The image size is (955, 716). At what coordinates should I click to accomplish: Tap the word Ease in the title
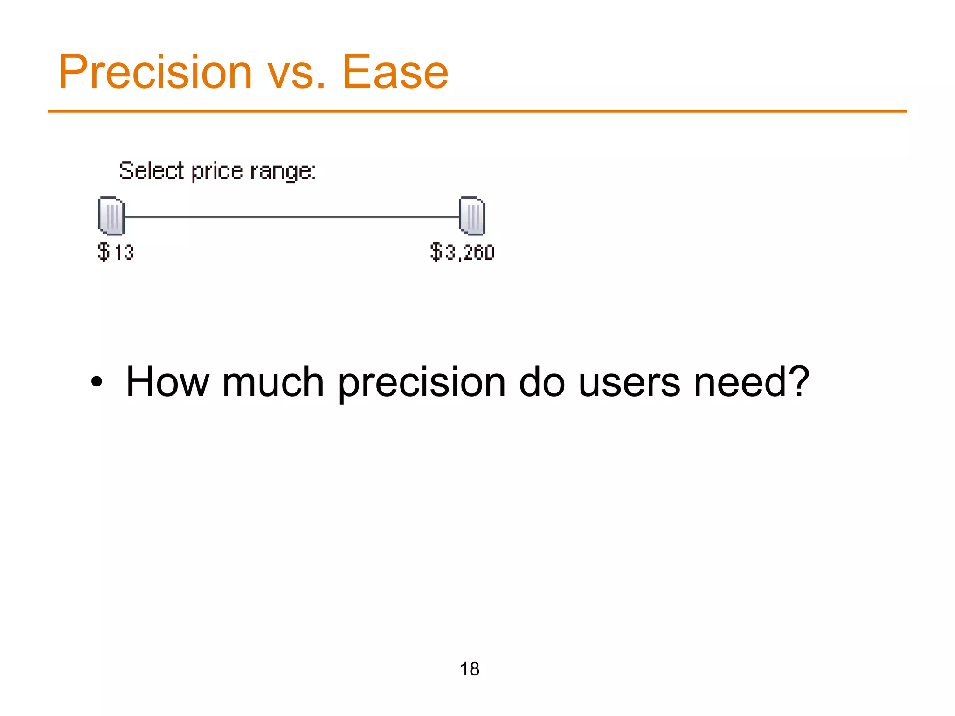tap(395, 72)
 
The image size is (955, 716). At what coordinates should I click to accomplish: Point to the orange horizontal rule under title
tap(477, 111)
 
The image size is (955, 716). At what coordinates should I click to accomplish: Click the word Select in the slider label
tap(152, 171)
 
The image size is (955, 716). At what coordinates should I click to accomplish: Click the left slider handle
tap(111, 216)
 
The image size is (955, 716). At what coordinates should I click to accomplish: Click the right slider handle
tap(472, 216)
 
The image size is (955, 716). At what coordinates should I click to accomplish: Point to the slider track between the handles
tap(291, 217)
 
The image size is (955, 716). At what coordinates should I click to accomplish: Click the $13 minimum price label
tap(116, 252)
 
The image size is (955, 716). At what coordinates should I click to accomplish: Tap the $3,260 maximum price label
tap(462, 252)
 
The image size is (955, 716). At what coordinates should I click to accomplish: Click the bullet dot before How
tap(97, 382)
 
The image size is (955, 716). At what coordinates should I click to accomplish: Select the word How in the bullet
tap(167, 382)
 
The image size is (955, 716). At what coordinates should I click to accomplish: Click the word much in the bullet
tap(273, 382)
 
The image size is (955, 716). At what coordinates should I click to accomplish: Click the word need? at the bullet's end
tap(751, 382)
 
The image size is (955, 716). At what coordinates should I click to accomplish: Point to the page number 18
tap(470, 669)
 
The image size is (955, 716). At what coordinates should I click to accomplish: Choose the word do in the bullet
tap(542, 382)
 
